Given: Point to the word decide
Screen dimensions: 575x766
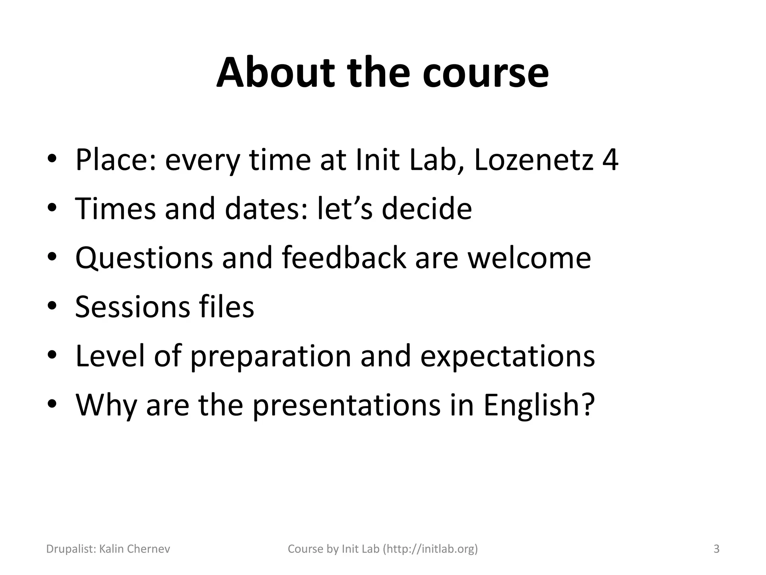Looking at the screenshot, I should click(x=426, y=209).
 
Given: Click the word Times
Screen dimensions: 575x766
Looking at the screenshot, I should click(x=115, y=209).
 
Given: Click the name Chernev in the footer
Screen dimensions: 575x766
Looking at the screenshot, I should click(x=148, y=549).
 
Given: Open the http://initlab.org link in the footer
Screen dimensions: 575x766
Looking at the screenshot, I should click(x=430, y=549).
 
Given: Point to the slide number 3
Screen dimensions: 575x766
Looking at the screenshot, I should click(x=716, y=549).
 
